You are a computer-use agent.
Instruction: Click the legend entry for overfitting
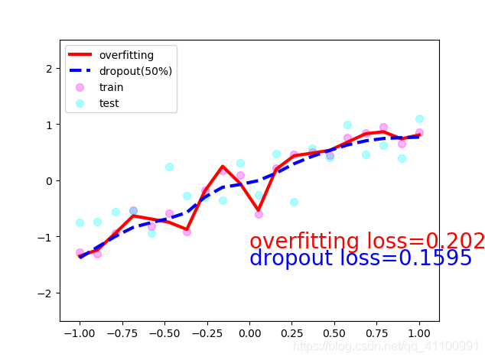[x=125, y=55]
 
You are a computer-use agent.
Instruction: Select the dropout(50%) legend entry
[x=135, y=71]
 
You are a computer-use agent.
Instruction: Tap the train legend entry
[x=111, y=87]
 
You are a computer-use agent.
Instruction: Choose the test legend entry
[x=109, y=103]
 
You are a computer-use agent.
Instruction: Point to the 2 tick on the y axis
[x=50, y=69]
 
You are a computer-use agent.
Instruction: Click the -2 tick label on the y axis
[x=47, y=294]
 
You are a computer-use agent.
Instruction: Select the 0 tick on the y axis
[x=50, y=181]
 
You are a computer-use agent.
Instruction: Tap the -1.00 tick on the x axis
[x=79, y=334]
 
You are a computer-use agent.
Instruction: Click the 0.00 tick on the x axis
[x=249, y=334]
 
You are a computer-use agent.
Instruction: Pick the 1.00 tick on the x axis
[x=419, y=334]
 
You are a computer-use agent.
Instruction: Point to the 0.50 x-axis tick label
[x=334, y=334]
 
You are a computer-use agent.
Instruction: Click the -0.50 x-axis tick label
[x=164, y=334]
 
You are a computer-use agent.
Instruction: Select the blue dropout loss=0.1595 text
[x=360, y=259]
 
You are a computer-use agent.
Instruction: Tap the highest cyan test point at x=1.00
[x=419, y=118]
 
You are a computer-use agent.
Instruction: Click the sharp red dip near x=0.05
[x=259, y=210]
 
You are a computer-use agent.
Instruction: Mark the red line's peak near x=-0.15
[x=223, y=167]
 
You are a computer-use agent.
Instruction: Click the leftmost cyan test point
[x=80, y=222]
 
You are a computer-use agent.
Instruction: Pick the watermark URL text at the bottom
[x=387, y=347]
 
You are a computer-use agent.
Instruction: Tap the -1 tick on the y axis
[x=47, y=237]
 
